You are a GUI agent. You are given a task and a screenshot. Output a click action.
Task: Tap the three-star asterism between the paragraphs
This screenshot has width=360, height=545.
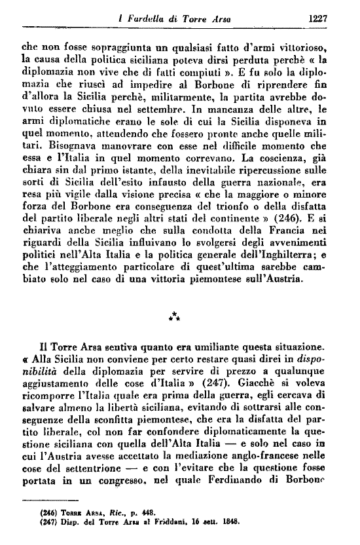pyautogui.click(x=174, y=317)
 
